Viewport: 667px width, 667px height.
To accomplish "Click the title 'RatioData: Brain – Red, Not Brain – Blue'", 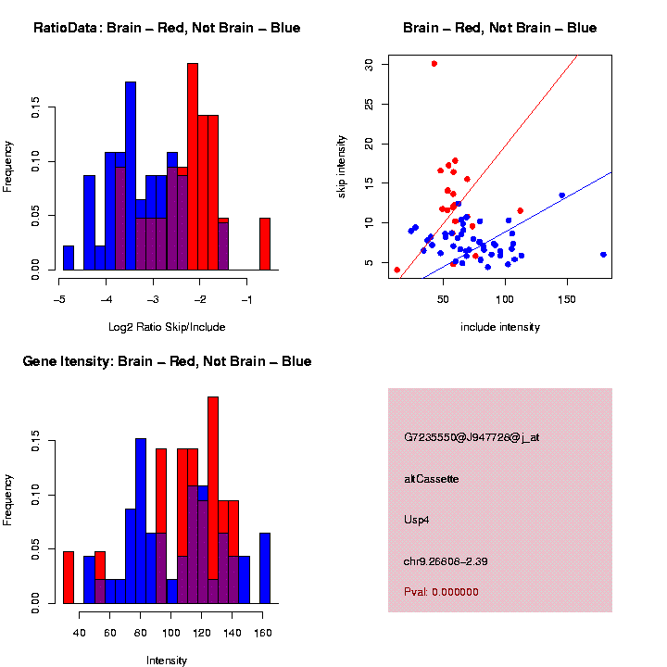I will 167,28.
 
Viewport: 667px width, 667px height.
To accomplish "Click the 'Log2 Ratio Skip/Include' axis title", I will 167,326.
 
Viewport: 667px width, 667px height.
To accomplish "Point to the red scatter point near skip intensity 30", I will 434,64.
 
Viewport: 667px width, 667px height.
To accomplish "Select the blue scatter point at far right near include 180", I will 603,255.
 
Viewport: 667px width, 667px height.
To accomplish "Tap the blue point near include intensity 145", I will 562,195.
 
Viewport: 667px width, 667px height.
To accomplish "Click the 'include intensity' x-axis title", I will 499,326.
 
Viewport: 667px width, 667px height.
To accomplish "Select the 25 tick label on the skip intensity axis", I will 369,104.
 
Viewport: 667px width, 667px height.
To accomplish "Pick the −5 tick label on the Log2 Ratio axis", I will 59,299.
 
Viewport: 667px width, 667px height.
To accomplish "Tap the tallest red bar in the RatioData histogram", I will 193,167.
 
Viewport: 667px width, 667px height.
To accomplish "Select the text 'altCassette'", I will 432,479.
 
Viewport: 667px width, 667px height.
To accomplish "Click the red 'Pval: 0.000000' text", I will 442,592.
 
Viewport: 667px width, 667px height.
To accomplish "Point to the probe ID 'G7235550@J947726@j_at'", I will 472,437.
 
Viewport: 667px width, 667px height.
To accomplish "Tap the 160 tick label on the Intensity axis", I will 263,633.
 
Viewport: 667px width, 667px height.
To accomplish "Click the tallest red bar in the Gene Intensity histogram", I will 213,500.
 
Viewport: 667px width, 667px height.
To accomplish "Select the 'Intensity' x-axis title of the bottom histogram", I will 167,661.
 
